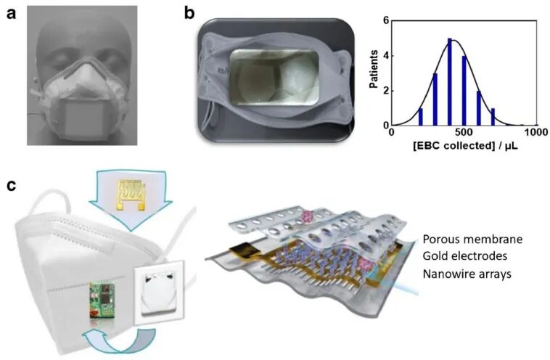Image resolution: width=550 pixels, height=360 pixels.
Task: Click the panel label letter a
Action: tap(11, 15)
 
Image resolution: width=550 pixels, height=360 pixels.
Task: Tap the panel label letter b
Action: tap(189, 14)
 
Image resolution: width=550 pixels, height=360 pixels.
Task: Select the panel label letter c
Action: tap(11, 185)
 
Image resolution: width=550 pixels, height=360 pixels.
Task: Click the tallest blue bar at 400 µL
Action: tap(450, 82)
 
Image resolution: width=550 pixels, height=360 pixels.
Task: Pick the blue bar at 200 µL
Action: tap(421, 117)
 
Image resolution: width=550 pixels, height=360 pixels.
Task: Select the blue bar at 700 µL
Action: tap(493, 117)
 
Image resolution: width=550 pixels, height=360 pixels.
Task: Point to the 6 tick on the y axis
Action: tap(386, 20)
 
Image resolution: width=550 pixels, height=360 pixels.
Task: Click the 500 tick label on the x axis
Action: tap(464, 132)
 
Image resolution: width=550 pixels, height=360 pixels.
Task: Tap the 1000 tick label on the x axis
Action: tap(536, 132)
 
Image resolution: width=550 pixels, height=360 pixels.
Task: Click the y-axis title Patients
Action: tap(374, 69)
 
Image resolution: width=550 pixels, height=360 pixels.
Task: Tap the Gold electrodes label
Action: tap(465, 256)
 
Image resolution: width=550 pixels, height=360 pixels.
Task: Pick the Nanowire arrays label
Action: tap(467, 274)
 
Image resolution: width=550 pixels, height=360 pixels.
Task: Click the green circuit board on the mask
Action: tap(102, 299)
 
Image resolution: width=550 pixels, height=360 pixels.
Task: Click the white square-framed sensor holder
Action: tap(158, 290)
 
